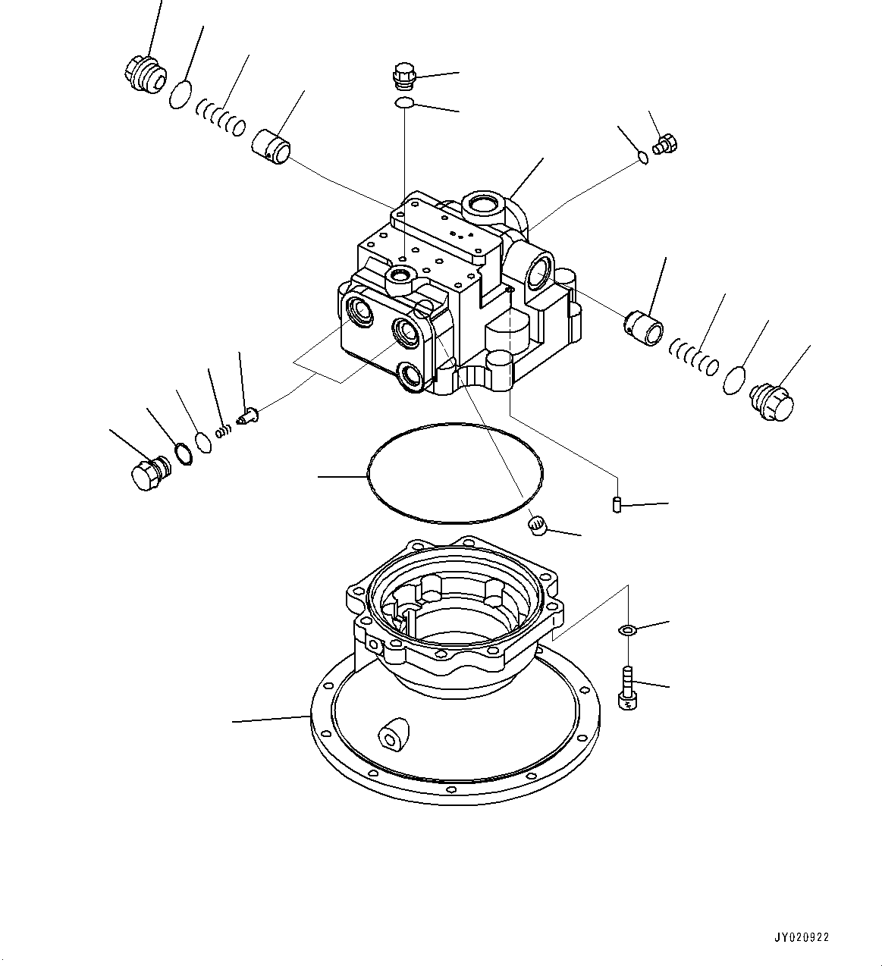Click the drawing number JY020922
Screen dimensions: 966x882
click(x=802, y=937)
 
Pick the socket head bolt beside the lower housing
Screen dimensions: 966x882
click(x=628, y=687)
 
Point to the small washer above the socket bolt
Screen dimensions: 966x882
click(x=627, y=629)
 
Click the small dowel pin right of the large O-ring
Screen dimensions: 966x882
click(x=617, y=503)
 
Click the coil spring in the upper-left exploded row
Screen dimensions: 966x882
click(x=220, y=117)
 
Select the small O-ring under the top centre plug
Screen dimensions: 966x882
click(x=405, y=102)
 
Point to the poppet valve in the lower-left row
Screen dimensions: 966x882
click(x=248, y=416)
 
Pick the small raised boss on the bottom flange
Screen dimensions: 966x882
click(x=394, y=734)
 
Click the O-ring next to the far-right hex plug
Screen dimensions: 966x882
click(x=733, y=380)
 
